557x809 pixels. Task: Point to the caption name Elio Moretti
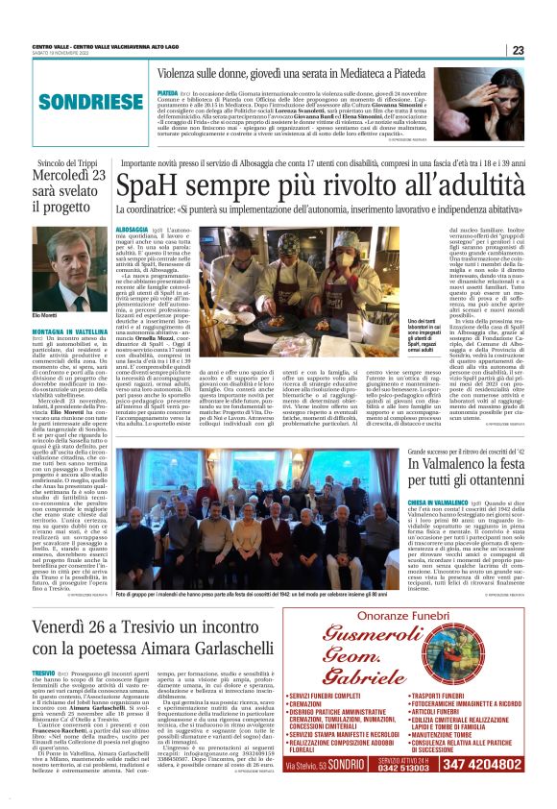click(x=46, y=316)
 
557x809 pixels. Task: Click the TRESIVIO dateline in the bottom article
click(x=43, y=672)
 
